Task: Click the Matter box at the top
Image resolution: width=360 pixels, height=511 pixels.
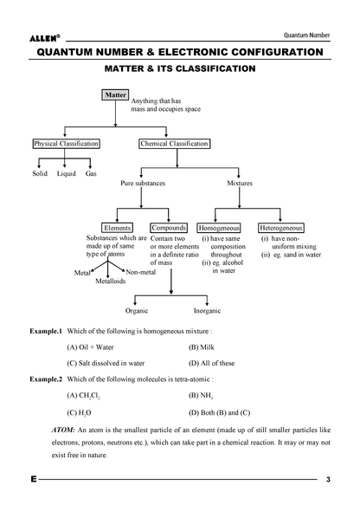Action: (115, 94)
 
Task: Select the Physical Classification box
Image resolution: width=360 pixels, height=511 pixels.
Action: (66, 144)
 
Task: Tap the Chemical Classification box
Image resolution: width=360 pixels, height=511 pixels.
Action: (175, 144)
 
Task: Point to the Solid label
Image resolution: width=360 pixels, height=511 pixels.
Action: (40, 173)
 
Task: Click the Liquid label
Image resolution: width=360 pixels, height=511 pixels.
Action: (67, 174)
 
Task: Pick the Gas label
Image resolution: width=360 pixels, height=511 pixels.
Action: (91, 174)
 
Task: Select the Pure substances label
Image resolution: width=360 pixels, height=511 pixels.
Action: (143, 183)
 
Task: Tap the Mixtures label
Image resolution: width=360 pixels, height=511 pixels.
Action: (240, 183)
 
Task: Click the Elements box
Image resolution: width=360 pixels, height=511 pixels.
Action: (117, 228)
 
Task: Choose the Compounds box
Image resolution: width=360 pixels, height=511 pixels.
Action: (169, 228)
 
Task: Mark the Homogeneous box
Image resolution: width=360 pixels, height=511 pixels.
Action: (219, 228)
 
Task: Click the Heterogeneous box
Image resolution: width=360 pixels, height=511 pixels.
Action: (281, 228)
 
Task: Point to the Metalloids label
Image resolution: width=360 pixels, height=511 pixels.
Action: (111, 281)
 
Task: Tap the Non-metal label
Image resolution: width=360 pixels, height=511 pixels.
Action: (140, 272)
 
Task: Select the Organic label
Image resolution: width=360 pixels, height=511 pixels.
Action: (137, 311)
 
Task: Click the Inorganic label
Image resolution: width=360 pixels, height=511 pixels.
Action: (207, 311)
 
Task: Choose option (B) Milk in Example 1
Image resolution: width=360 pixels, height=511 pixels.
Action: (202, 347)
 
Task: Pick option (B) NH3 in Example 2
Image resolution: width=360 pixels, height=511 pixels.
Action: (201, 396)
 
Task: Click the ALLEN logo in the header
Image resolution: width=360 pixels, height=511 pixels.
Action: (45, 38)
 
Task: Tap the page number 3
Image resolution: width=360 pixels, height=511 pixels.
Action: (328, 480)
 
